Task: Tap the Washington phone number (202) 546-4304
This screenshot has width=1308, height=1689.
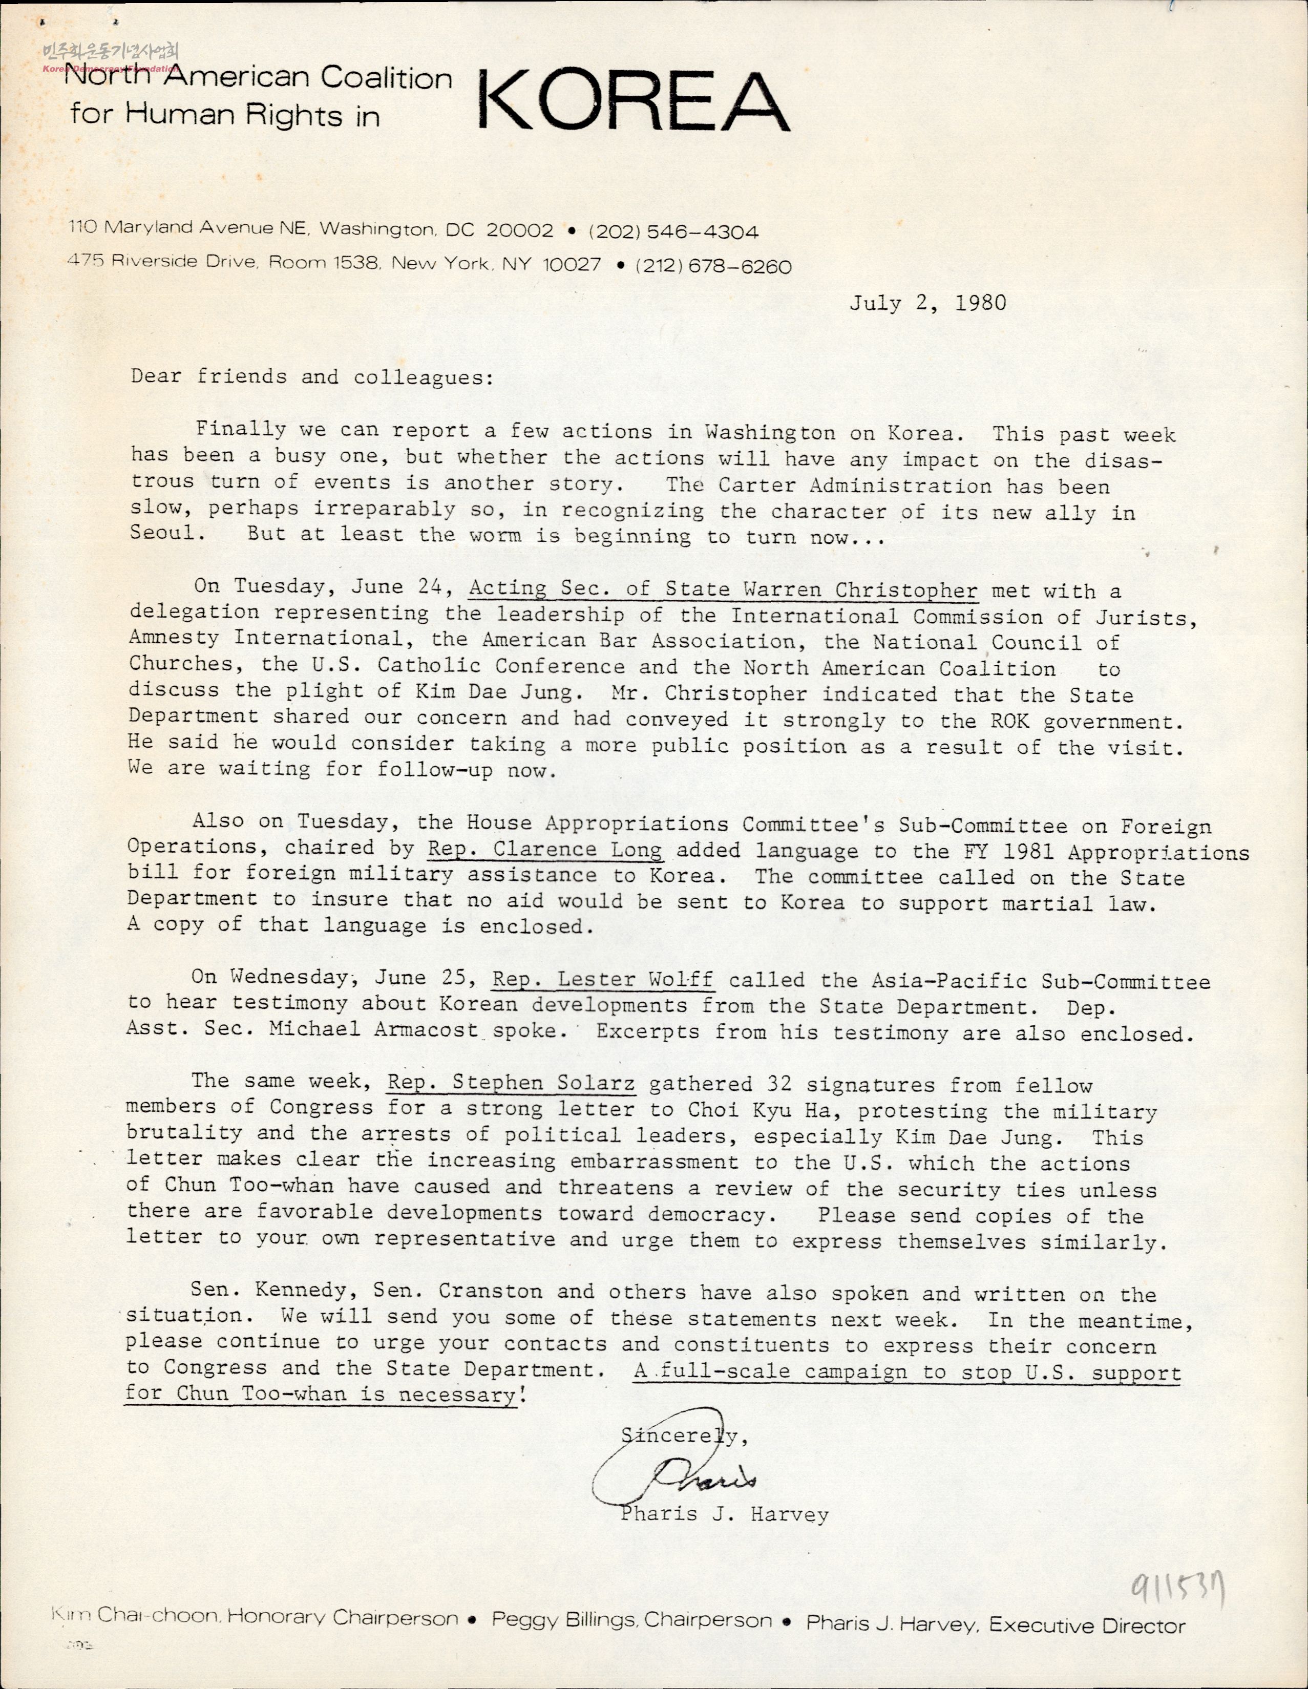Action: [673, 231]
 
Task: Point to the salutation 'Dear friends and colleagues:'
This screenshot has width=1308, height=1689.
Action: [312, 377]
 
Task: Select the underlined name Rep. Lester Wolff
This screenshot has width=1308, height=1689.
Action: [603, 980]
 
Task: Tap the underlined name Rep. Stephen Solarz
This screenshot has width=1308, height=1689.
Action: [511, 1084]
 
